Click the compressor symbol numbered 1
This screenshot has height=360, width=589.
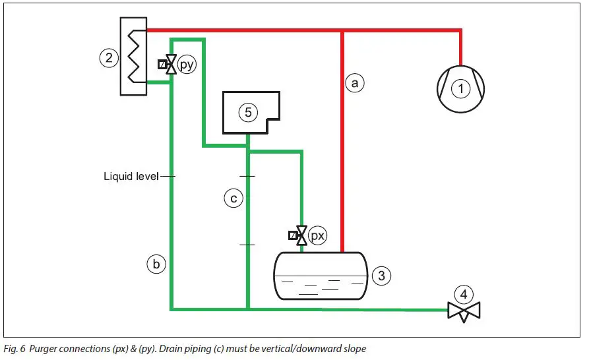coord(460,86)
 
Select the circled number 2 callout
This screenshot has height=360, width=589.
coord(108,58)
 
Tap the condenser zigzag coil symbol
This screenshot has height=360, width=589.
coord(135,56)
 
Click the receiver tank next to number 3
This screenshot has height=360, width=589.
coord(320,276)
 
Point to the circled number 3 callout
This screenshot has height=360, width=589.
coord(381,276)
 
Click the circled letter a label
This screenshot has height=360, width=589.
coord(355,83)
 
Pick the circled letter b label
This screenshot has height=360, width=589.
coord(156,264)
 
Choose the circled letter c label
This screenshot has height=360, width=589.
coord(233,198)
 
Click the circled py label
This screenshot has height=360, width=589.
coord(187,65)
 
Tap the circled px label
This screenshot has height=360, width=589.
coord(318,234)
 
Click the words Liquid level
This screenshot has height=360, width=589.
coord(131,176)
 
